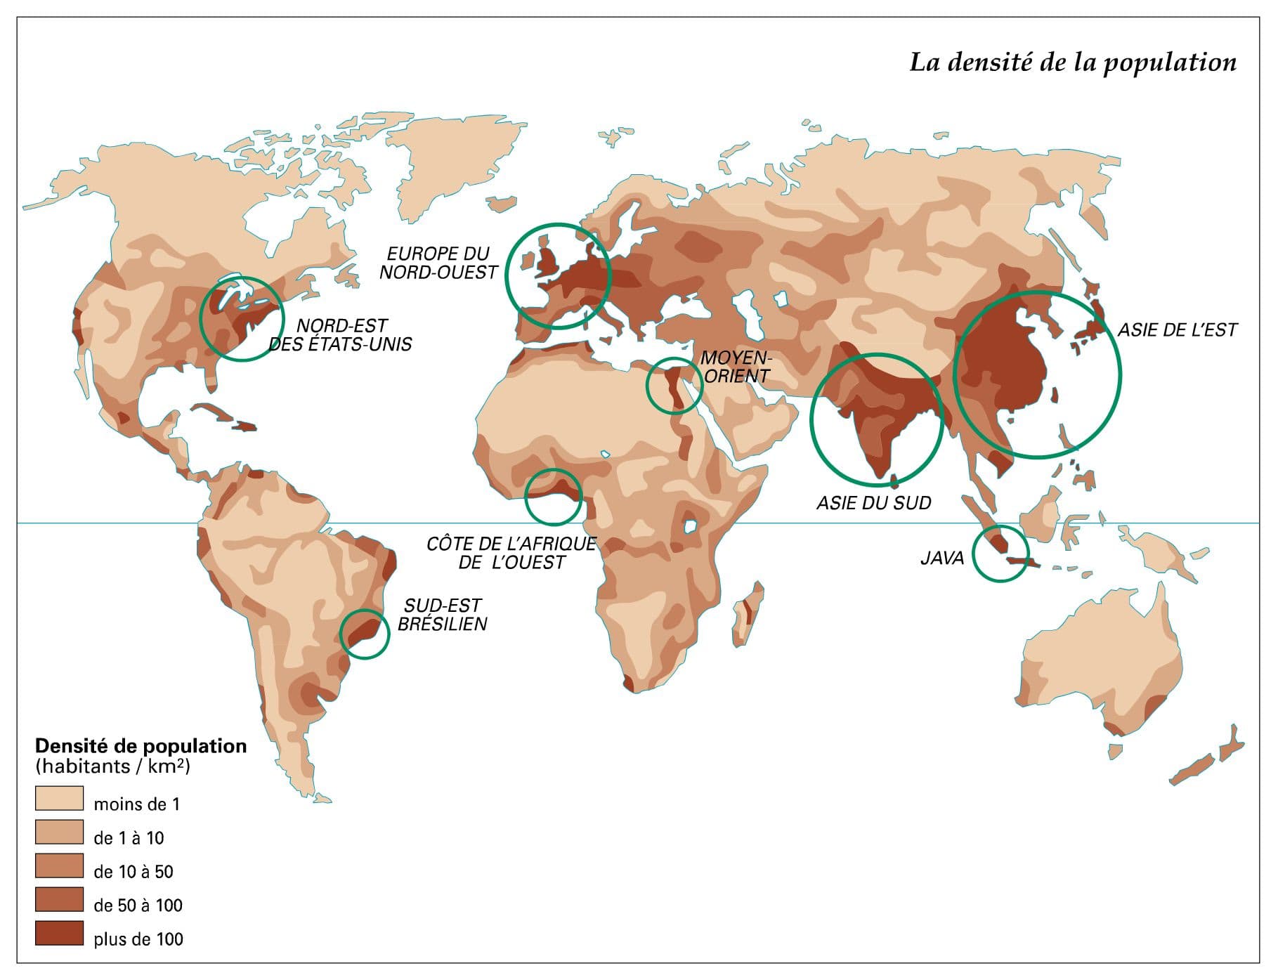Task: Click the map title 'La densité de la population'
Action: [x=1072, y=63]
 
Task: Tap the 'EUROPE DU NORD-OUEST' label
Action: [x=438, y=263]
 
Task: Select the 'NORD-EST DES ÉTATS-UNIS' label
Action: [x=341, y=335]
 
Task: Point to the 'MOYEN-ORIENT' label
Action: [x=736, y=367]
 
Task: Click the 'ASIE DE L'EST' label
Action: [x=1177, y=330]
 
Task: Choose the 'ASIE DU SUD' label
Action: [x=873, y=503]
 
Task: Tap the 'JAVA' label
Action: [x=942, y=558]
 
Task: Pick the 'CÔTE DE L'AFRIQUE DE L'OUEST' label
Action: [x=511, y=553]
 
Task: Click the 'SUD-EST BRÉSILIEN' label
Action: [x=443, y=615]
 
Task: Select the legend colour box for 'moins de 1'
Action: [x=59, y=799]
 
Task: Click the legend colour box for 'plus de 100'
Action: [x=59, y=934]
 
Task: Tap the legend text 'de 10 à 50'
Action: [x=133, y=872]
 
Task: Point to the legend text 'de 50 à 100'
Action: [x=138, y=906]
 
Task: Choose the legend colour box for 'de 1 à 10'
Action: [x=59, y=832]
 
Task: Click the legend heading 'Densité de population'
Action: [x=141, y=746]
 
